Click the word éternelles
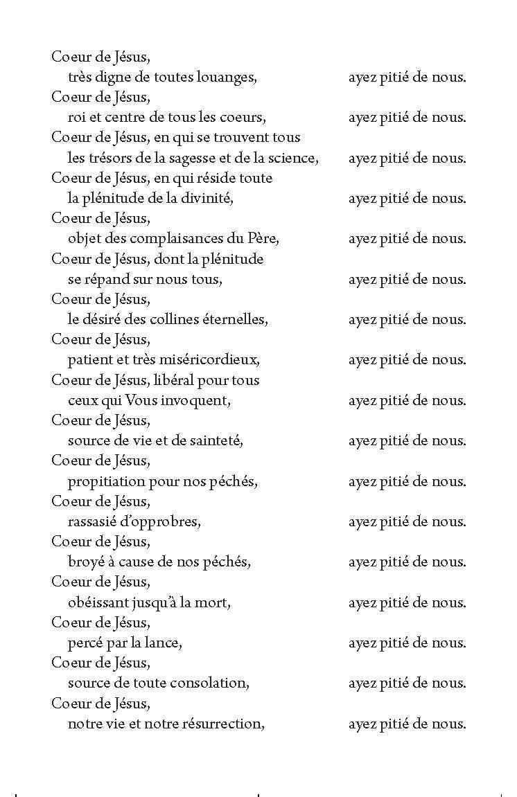point(234,320)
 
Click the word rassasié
point(92,522)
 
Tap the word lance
point(164,643)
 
